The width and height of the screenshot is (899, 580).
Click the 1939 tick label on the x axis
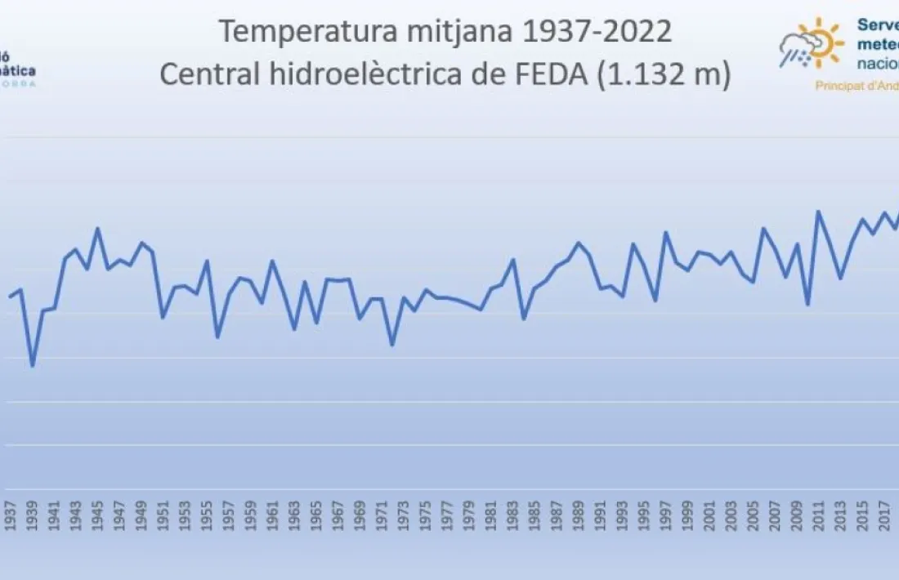point(33,516)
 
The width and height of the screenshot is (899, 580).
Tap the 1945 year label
point(98,516)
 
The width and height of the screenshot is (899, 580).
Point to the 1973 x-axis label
point(404,516)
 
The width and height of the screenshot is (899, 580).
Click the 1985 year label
point(534,516)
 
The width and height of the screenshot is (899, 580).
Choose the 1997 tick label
point(666,516)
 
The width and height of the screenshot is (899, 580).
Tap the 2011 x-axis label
point(819,516)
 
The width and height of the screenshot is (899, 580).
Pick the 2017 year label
point(884,516)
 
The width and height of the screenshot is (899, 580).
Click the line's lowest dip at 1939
point(33,365)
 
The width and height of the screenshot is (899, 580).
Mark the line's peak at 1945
point(98,229)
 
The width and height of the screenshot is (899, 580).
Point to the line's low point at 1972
point(392,345)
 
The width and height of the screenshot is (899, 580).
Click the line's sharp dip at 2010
point(807,305)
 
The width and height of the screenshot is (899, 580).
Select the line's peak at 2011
point(818,212)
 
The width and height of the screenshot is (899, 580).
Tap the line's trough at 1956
point(217,337)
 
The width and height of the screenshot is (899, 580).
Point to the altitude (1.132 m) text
point(664,75)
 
